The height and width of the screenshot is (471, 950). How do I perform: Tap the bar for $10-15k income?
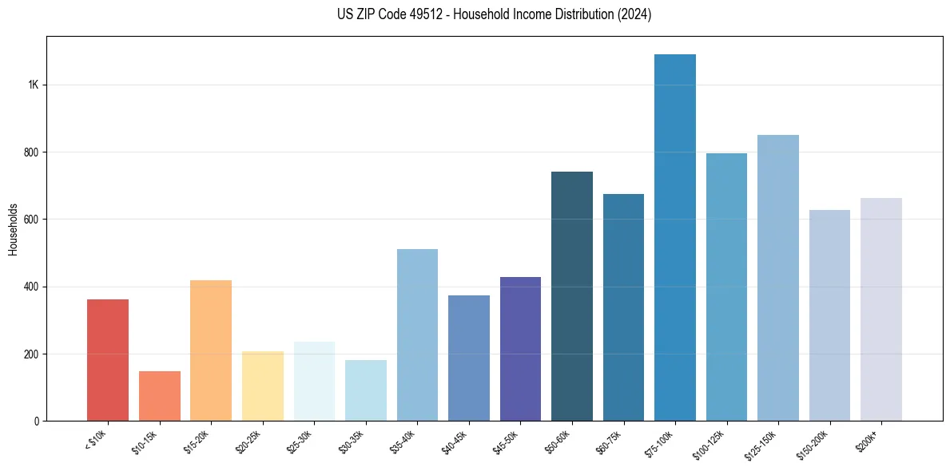click(x=160, y=396)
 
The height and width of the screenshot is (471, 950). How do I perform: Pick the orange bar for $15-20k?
click(x=211, y=350)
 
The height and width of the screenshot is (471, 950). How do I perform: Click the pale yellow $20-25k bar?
click(x=263, y=386)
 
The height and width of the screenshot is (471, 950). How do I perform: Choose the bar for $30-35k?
click(x=366, y=390)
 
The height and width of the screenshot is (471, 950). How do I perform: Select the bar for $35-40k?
click(x=417, y=335)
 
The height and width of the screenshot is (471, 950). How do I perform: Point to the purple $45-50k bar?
click(x=520, y=349)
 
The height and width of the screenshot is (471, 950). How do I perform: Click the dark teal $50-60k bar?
click(x=572, y=296)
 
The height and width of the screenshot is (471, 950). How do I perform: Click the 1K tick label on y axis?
click(x=34, y=85)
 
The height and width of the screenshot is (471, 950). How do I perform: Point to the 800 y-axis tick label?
click(x=32, y=152)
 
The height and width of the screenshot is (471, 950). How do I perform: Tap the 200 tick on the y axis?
click(x=32, y=354)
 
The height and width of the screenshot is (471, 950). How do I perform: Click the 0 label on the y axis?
click(x=37, y=422)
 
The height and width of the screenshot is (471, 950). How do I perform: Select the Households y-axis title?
click(x=13, y=229)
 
